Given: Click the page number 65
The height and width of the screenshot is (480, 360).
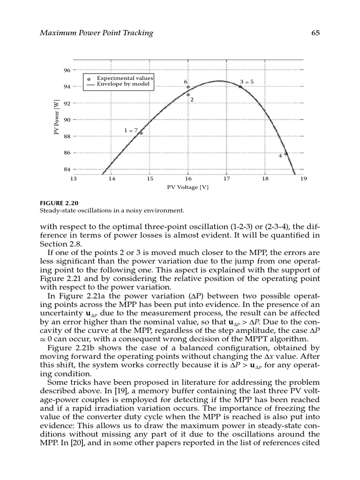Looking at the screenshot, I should coord(315,33).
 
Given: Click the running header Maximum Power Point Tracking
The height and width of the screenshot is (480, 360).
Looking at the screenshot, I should coord(97,33).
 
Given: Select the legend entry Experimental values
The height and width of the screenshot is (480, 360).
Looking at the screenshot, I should coord(125,78).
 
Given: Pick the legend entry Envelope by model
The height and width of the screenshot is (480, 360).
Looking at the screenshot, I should coord(123,84).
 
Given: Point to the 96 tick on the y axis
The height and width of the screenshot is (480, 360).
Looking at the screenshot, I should coord(67,70).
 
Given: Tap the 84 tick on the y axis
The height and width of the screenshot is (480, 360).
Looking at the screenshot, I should coord(67,169).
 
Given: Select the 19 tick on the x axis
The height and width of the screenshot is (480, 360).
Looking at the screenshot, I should coord(303,179).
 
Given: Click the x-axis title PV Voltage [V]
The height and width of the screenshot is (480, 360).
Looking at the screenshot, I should coord(188,187).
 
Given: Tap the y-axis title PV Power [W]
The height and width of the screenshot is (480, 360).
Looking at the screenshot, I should coord(56,120).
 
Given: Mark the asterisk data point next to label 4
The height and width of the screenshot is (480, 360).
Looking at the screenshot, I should coord(285,154).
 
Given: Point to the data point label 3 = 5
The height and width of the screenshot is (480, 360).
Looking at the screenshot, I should coord(247,81).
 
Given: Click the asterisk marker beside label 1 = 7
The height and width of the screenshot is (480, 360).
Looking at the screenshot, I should coord(141,134).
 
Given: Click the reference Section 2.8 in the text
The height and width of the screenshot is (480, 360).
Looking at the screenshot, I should coord(60,244).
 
